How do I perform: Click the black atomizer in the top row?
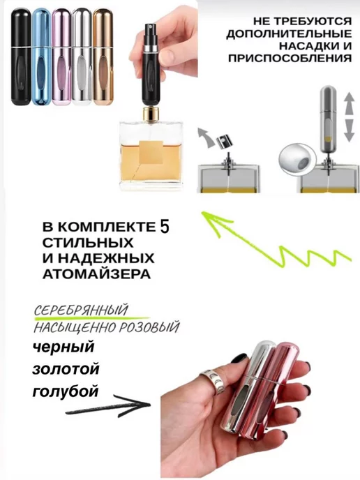[21, 57]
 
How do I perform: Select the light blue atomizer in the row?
[41, 57]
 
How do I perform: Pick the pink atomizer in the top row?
[61, 57]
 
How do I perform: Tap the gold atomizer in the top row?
[103, 57]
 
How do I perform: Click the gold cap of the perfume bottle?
[151, 113]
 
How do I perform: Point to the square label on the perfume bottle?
[151, 152]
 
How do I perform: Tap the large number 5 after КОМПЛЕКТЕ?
[165, 227]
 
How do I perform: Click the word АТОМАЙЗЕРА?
[96, 274]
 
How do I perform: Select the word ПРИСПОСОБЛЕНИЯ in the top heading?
[290, 57]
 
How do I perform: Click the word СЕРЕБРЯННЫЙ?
[80, 310]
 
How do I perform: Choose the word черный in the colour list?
[63, 347]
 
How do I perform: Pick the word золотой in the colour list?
[66, 369]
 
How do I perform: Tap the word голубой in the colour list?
[66, 391]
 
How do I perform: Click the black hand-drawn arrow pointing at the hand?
[107, 406]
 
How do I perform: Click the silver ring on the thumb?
[212, 378]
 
